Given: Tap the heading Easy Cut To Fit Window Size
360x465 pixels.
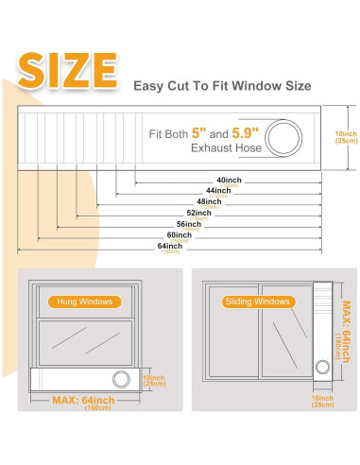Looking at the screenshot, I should tap(221, 85).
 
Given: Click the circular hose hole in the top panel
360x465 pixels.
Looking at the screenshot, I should tap(284, 138).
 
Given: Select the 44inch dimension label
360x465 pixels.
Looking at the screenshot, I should tap(220, 191).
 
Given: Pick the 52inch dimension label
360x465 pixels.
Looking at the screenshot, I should tap(198, 213).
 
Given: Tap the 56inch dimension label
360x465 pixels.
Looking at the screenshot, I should tap(189, 224).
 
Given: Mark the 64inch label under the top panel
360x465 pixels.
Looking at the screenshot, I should tap(171, 247).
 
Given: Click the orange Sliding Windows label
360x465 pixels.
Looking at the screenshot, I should tap(257, 302).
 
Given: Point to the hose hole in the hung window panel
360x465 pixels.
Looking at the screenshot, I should tap(121, 379).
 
